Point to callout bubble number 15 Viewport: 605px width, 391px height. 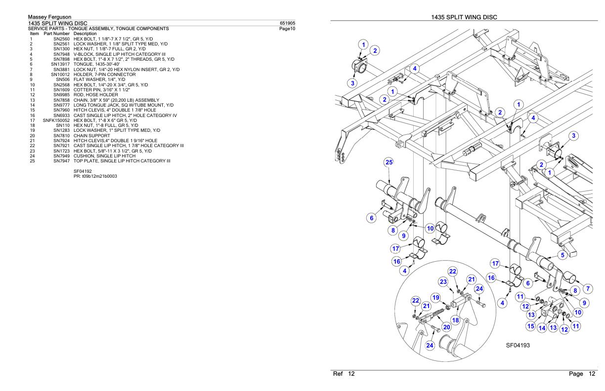(531, 326)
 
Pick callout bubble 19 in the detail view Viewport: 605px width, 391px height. (435, 298)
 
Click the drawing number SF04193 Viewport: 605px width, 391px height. (518, 346)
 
